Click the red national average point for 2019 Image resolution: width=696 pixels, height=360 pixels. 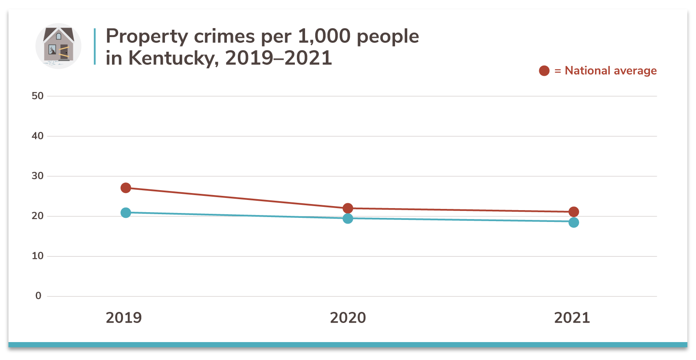pos(126,188)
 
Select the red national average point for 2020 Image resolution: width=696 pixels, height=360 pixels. pos(348,209)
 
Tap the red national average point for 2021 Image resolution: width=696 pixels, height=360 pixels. pos(574,212)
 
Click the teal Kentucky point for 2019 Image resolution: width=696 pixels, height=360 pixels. pos(126,213)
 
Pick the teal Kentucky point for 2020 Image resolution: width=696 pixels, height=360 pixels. pos(348,219)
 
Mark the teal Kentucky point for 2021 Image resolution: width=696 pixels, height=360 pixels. pos(574,222)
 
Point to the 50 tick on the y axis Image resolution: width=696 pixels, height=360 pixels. pos(37,96)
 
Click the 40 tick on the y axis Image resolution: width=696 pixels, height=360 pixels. pos(37,136)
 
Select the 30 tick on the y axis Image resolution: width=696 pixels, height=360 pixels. pos(37,176)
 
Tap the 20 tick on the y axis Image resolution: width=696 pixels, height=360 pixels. pos(37,216)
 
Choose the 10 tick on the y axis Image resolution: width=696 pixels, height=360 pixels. pos(37,256)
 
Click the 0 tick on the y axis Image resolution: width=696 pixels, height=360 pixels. pos(38,296)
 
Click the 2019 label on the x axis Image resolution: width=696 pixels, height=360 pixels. pos(124,318)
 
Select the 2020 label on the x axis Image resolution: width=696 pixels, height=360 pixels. pos(348,318)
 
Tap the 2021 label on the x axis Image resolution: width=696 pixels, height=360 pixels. pos(572,318)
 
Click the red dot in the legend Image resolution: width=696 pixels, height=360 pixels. pos(544,71)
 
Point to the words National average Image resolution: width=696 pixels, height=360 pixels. pos(610,71)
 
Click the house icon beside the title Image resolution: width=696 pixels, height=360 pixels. pos(58,46)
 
